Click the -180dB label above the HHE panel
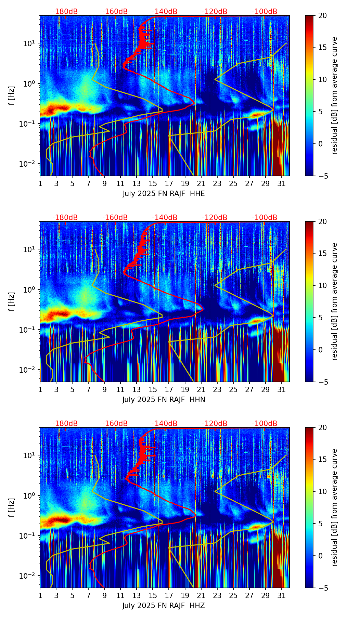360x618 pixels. [x=65, y=12]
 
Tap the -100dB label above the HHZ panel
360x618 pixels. [x=265, y=424]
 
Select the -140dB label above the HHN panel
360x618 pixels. [x=165, y=218]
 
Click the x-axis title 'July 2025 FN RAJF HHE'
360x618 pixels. [x=164, y=194]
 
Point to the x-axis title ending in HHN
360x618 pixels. [x=164, y=400]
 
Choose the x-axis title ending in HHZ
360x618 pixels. [x=164, y=606]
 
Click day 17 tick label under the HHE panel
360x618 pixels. [x=169, y=183]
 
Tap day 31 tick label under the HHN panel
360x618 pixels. [x=281, y=389]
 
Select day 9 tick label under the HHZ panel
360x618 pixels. [x=104, y=595]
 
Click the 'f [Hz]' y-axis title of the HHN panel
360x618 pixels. [x=12, y=301]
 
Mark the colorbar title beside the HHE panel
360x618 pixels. [x=334, y=95]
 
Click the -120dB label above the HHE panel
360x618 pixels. [x=215, y=12]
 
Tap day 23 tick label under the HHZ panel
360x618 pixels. [x=217, y=595]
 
